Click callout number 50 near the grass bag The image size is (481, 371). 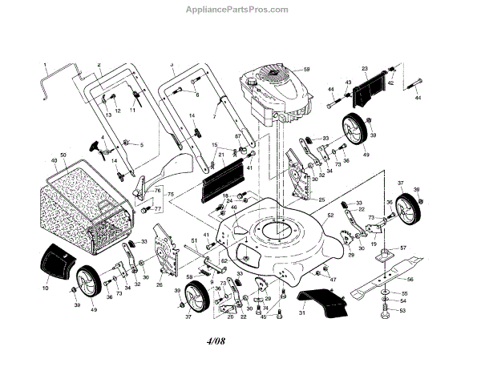(63, 154)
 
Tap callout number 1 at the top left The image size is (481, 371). (46, 63)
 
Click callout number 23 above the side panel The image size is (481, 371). (365, 69)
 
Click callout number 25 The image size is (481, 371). (321, 200)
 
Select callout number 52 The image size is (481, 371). (329, 216)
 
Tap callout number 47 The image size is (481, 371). (333, 278)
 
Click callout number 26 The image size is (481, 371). (159, 284)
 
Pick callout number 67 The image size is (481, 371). (238, 136)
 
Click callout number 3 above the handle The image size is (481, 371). (172, 63)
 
